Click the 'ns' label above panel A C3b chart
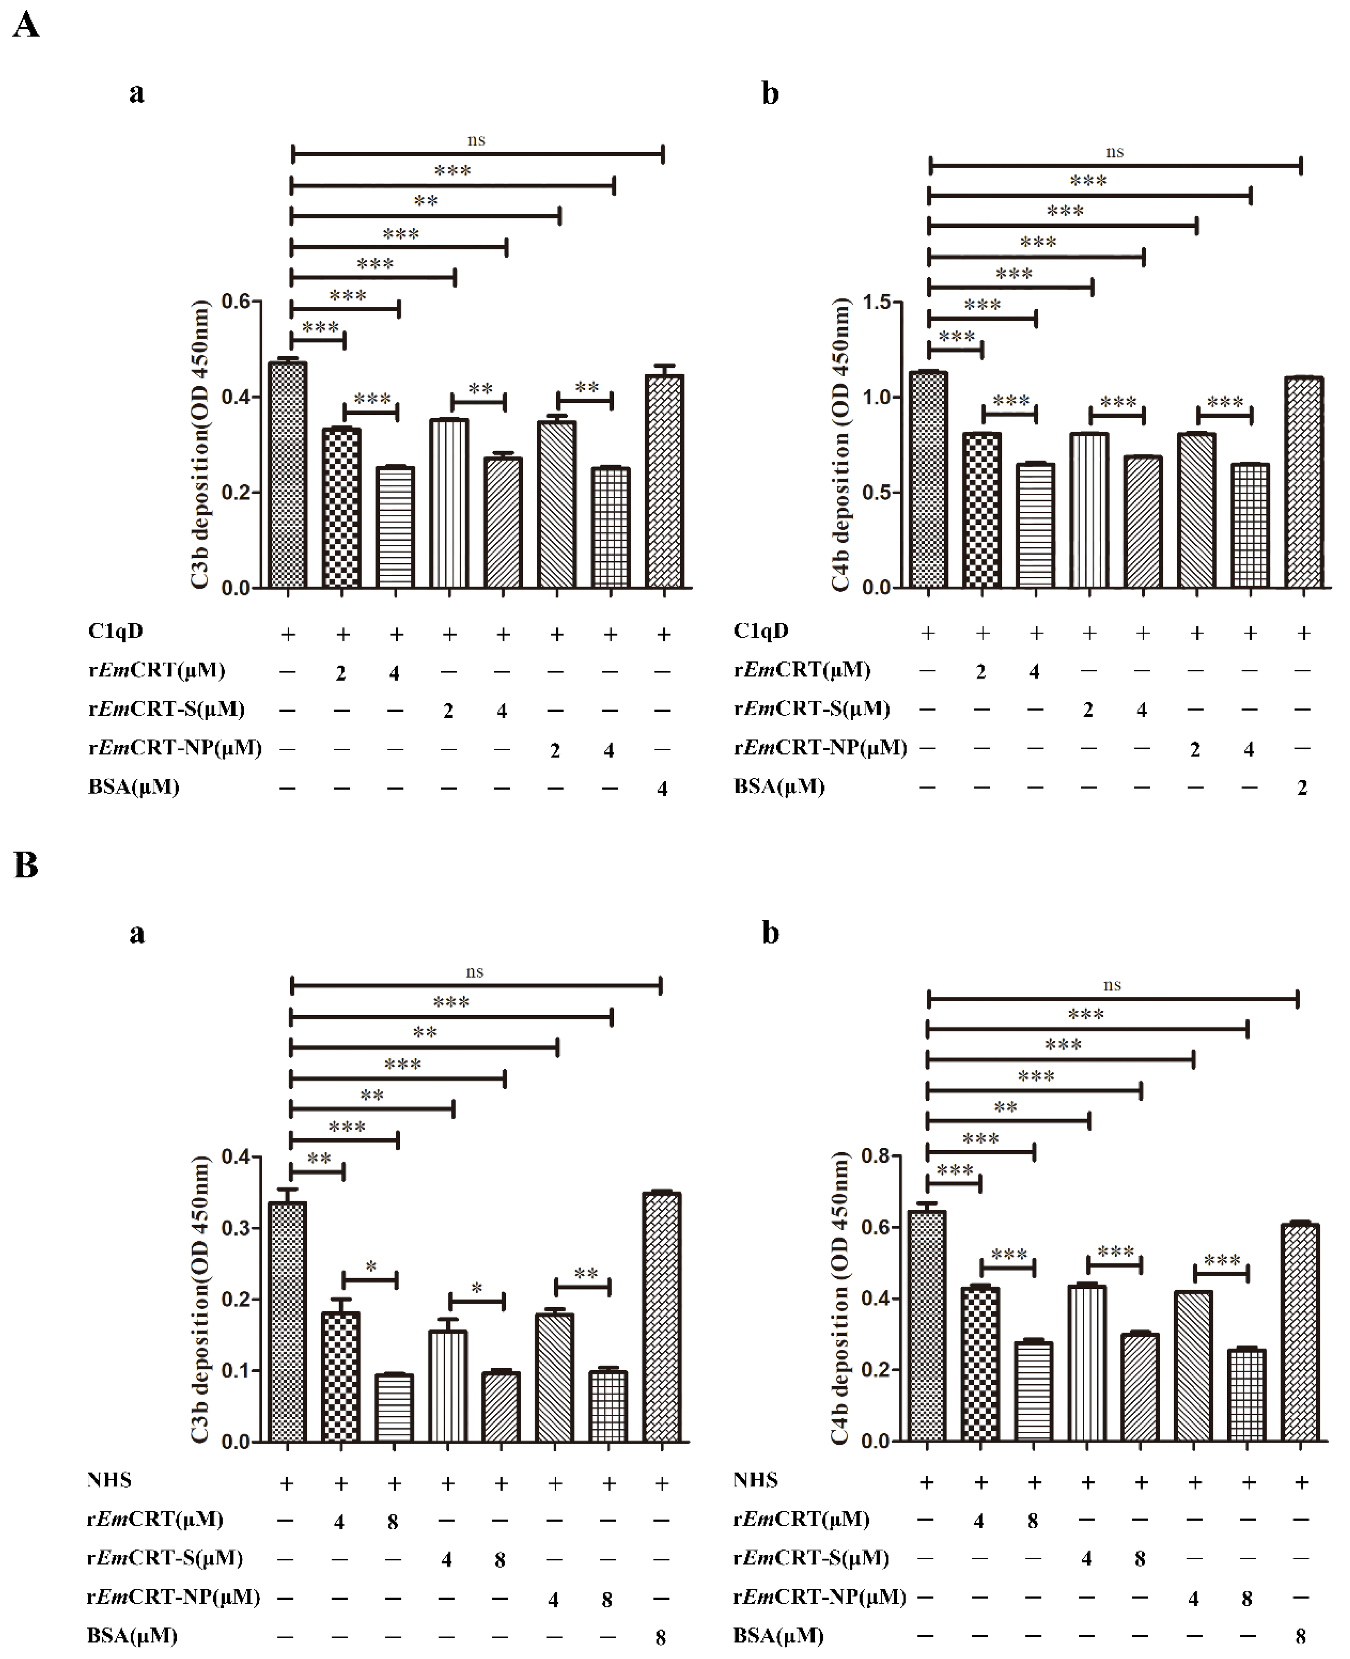coord(476,140)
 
